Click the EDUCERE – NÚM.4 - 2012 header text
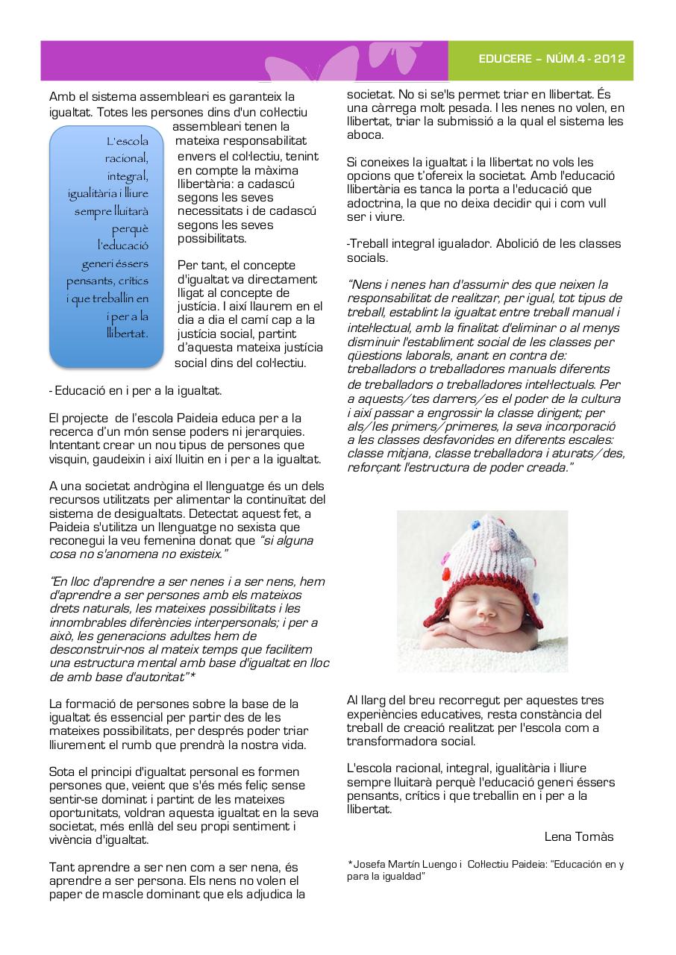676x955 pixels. pos(551,60)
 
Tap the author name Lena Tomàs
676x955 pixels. pos(579,836)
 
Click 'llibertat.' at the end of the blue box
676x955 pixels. pos(127,334)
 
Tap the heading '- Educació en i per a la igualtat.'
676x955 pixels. pos(134,390)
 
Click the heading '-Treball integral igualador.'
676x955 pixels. pos(418,244)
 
